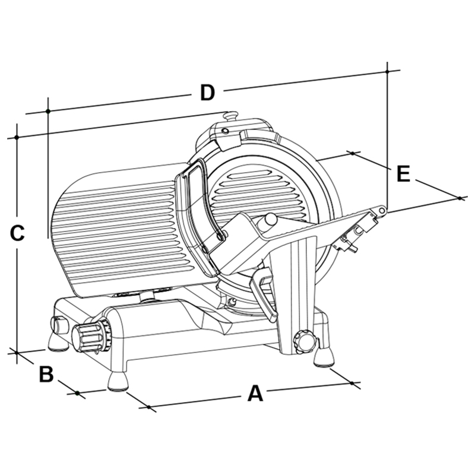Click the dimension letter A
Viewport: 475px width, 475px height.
point(255,393)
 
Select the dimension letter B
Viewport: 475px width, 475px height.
point(46,374)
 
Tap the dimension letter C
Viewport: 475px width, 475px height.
point(17,233)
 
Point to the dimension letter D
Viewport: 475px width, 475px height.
point(207,93)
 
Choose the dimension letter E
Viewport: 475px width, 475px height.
point(403,173)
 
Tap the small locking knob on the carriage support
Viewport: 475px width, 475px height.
point(304,342)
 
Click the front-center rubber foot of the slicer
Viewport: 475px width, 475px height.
point(118,381)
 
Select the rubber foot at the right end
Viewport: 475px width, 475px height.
point(324,357)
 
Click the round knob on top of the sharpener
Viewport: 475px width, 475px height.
point(230,115)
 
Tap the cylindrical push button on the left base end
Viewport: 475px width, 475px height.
point(59,325)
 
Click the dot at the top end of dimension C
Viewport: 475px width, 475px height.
point(17,137)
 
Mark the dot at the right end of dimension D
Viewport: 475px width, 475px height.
point(387,71)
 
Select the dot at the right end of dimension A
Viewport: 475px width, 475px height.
point(351,383)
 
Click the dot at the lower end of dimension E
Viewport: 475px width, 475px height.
point(460,198)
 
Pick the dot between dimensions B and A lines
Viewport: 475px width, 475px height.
point(77,393)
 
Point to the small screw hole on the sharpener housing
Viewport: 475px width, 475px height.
point(224,131)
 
